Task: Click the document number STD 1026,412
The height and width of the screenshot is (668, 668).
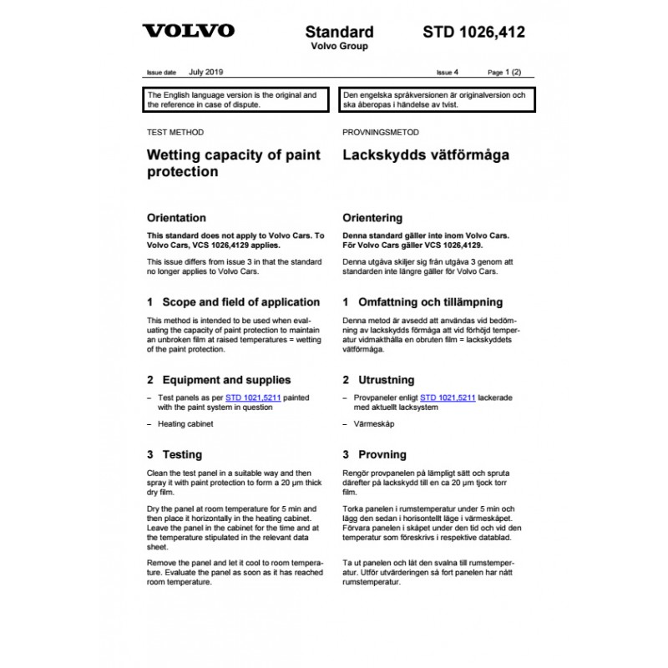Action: (x=473, y=33)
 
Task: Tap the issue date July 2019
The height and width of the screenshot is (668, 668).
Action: (x=206, y=73)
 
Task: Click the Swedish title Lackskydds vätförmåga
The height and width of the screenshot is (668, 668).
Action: (x=426, y=155)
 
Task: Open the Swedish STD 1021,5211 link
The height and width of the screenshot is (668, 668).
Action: (x=448, y=399)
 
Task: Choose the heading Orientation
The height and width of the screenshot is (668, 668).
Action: (x=176, y=218)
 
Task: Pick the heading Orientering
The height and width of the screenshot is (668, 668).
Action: (x=373, y=218)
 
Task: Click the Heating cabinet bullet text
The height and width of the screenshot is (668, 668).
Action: (x=185, y=424)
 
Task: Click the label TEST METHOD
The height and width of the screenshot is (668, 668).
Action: (x=175, y=133)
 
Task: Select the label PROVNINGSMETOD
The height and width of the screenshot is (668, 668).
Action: (x=381, y=133)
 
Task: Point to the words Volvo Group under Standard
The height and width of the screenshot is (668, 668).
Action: (x=339, y=47)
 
